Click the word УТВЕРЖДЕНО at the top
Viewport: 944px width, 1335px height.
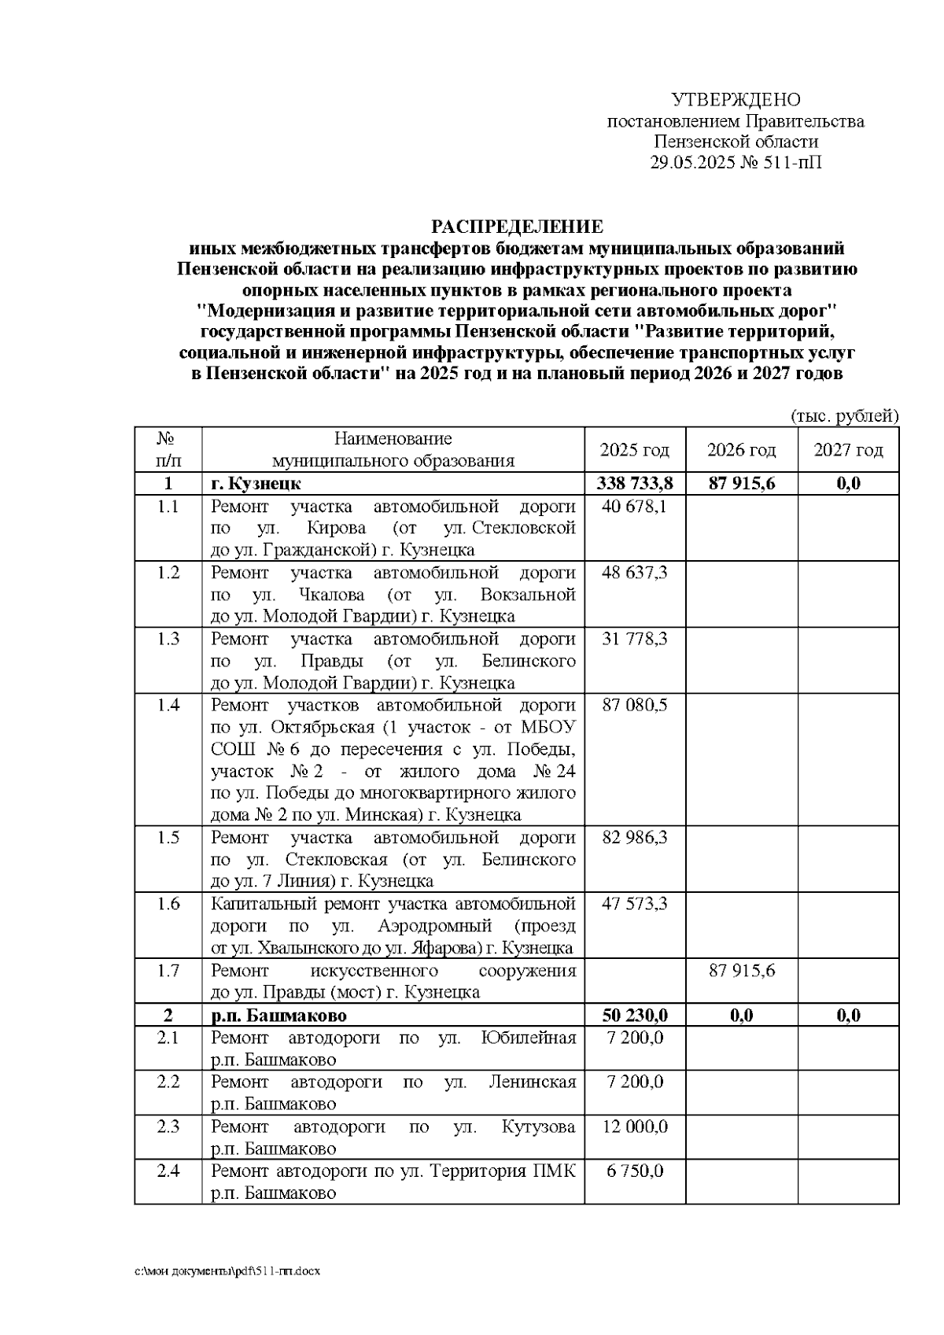tap(735, 100)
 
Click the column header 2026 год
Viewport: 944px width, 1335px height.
tap(741, 450)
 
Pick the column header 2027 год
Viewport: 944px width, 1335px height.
tap(848, 450)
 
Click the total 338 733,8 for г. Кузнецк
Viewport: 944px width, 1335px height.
tap(634, 483)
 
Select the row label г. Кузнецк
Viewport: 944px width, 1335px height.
tap(256, 483)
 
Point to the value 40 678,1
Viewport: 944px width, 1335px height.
tap(634, 507)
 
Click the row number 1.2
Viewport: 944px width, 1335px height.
tap(168, 573)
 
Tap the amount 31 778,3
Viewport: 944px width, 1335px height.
tap(634, 639)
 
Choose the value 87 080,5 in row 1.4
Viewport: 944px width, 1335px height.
tap(634, 705)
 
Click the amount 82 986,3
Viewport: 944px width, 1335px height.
tap(634, 837)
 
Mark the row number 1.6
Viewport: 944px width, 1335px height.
tap(168, 904)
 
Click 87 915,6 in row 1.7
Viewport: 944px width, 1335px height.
tap(741, 971)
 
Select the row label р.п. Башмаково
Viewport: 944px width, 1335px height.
tap(278, 1016)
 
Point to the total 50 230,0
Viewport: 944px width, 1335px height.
tap(634, 1016)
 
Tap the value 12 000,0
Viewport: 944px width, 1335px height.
tap(634, 1127)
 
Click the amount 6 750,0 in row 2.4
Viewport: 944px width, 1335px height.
tap(634, 1171)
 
